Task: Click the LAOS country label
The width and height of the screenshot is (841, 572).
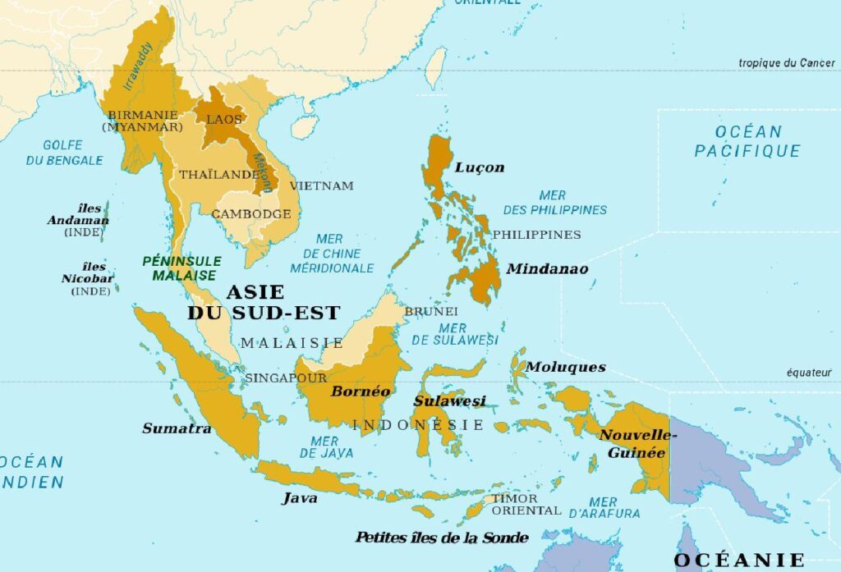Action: pos(224,119)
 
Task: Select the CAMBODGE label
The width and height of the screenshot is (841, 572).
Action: pos(251,214)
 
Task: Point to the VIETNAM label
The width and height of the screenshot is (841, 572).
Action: pos(321,185)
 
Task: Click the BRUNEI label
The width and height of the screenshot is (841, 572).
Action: pos(430,312)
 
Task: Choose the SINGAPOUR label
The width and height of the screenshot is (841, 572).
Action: pos(286,378)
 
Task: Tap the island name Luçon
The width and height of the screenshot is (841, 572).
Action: pos(479,167)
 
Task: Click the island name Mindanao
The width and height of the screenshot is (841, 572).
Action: pos(547,268)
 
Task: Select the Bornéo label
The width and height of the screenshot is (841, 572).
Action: pos(361,391)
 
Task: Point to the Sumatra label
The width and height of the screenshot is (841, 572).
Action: pos(177,428)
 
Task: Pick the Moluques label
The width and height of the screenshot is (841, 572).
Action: pos(566,367)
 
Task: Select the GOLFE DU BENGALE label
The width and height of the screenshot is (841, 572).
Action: pos(63,153)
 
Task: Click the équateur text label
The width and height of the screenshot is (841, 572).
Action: pos(809,373)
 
